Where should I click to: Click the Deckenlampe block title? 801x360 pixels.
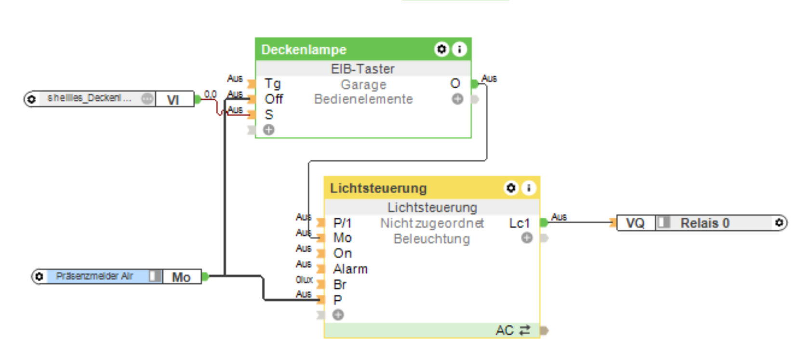coord(304,50)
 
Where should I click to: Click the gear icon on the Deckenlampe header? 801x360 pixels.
coord(441,49)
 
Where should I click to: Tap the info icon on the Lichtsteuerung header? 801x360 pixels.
coord(529,187)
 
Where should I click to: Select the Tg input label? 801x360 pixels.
coord(273,84)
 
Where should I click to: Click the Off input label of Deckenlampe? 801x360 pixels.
coord(274,99)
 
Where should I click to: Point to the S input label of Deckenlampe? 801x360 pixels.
coord(269,115)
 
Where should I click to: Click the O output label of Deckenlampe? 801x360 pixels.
coord(455,84)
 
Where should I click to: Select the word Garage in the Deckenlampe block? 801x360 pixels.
coord(363,85)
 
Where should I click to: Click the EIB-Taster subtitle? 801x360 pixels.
coord(362,69)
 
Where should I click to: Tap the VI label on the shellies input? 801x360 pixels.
coord(173,100)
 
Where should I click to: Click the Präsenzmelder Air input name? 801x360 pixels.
coord(94,276)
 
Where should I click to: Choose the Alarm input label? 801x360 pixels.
coord(350,269)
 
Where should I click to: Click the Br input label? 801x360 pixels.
coord(340,285)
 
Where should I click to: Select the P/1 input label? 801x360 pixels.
coord(342,223)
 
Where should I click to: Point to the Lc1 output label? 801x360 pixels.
coord(519,223)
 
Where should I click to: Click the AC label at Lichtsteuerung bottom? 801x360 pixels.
coord(505,331)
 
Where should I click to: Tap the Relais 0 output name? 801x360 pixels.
coord(705,223)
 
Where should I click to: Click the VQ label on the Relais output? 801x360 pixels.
coord(635,223)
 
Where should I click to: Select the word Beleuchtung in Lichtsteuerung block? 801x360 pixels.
coord(431,239)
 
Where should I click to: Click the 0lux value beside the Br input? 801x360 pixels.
coord(304,280)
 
